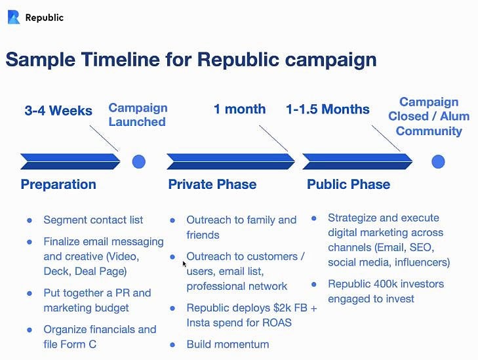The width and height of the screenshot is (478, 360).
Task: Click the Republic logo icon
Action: pyautogui.click(x=14, y=17)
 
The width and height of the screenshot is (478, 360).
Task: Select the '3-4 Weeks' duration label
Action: pyautogui.click(x=58, y=111)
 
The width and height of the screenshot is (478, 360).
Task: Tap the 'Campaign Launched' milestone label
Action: pyautogui.click(x=138, y=115)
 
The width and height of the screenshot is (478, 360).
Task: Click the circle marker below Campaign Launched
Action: pyautogui.click(x=139, y=161)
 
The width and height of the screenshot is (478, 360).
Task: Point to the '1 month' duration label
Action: pyautogui.click(x=239, y=109)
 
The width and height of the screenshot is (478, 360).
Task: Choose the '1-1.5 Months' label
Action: pyautogui.click(x=328, y=109)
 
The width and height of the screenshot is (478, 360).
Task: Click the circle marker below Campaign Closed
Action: pyautogui.click(x=438, y=161)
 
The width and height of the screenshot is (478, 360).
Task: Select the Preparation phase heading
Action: pyautogui.click(x=58, y=184)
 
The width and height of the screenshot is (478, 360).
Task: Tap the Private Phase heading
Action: pyautogui.click(x=212, y=184)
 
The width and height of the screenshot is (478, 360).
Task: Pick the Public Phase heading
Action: pyautogui.click(x=348, y=184)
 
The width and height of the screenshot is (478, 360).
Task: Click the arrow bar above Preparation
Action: pyautogui.click(x=70, y=161)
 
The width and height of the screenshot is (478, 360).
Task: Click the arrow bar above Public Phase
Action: pyautogui.click(x=357, y=161)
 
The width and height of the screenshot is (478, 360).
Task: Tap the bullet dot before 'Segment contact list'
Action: pyautogui.click(x=30, y=220)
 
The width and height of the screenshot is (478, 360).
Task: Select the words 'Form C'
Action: pyautogui.click(x=79, y=344)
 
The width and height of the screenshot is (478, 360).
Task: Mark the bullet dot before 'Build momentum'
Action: pyautogui.click(x=172, y=345)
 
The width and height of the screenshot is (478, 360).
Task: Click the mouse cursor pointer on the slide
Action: pyautogui.click(x=184, y=264)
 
